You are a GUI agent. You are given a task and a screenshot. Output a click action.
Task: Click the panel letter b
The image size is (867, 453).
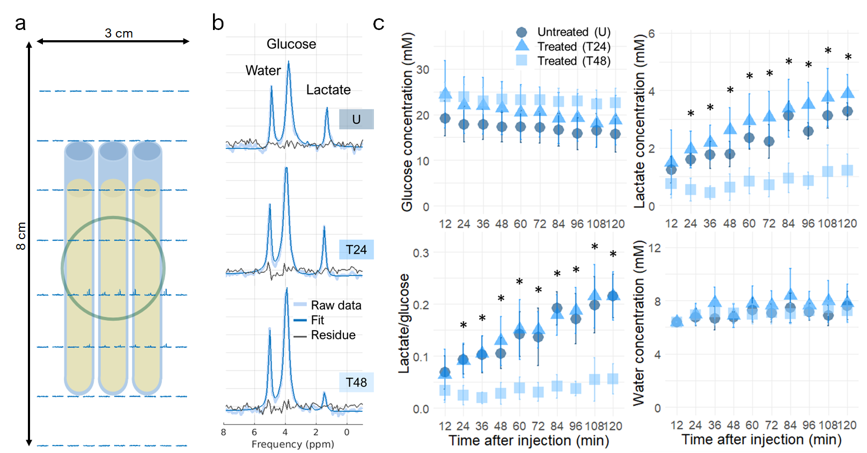coord(218,23)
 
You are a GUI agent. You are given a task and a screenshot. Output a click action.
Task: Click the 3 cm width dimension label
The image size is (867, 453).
coord(119,33)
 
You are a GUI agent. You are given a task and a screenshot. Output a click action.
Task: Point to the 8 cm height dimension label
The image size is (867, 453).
coord(21,236)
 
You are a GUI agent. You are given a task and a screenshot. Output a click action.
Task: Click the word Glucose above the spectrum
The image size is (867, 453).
coord(291,44)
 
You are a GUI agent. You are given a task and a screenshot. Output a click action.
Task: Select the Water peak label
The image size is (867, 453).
coord(263,70)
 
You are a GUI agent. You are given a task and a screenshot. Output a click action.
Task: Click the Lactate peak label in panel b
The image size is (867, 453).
coord(328,90)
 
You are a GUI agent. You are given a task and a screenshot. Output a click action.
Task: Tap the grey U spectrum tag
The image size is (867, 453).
coord(356,119)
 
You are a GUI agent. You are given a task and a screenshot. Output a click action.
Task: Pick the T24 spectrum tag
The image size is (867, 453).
coord(356,250)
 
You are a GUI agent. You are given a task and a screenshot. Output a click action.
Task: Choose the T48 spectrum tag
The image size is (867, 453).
coord(356,382)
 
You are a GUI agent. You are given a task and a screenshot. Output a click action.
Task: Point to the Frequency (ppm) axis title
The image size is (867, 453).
coord(292,444)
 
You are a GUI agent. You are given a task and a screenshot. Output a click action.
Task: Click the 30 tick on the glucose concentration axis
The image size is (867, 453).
coord(423,70)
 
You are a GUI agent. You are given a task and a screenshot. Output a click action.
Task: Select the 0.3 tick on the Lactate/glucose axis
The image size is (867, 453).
coord(421,253)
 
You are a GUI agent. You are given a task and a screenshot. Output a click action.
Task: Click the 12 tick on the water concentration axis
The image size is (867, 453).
coord(655,248)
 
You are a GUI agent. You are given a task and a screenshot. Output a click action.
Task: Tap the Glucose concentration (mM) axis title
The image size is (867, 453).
coord(407,122)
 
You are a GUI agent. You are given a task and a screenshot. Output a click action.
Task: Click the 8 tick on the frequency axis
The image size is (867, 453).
coord(224,432)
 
